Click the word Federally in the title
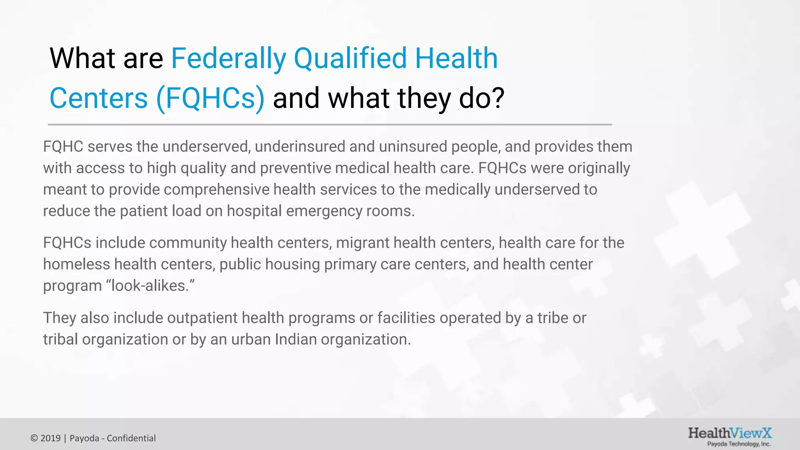pyautogui.click(x=229, y=59)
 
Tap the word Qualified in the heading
pyautogui.click(x=350, y=59)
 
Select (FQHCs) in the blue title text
pyautogui.click(x=210, y=98)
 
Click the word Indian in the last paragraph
pyautogui.click(x=295, y=339)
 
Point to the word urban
pyautogui.click(x=250, y=339)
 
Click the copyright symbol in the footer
pyautogui.click(x=34, y=438)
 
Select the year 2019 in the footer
pyautogui.click(x=50, y=438)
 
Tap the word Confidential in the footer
pyautogui.click(x=131, y=438)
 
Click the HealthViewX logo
pyautogui.click(x=730, y=433)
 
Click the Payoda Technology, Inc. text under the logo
pyautogui.click(x=739, y=444)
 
